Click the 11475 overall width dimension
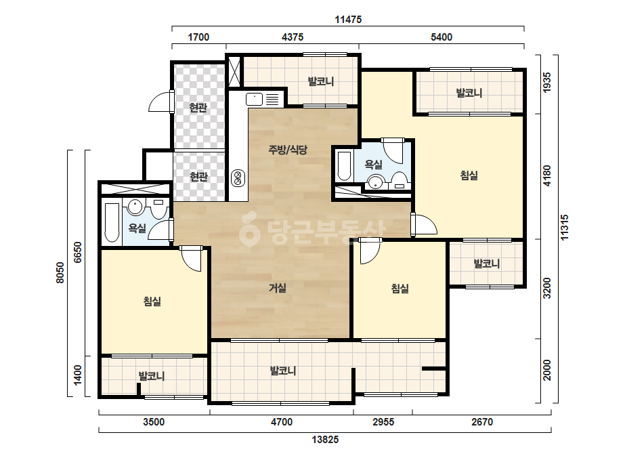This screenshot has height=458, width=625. [348, 20]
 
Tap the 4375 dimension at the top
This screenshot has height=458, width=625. [293, 37]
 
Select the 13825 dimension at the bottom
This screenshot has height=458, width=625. [325, 440]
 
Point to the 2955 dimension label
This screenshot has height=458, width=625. [383, 421]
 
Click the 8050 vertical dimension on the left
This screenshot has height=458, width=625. [60, 273]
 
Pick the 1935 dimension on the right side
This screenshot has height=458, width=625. [547, 83]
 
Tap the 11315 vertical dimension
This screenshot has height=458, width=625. [565, 228]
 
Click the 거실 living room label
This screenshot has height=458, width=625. [278, 288]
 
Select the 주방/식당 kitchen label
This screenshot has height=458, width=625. [288, 150]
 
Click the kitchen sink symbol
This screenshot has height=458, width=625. [254, 100]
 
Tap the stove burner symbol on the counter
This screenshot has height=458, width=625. [238, 178]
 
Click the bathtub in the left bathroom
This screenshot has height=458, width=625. [112, 223]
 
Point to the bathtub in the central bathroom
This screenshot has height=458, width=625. [344, 165]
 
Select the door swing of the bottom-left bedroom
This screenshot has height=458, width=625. [191, 259]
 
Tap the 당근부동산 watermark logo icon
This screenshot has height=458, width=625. [249, 230]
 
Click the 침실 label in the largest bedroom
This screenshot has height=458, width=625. [469, 175]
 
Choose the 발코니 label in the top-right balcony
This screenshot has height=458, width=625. [469, 93]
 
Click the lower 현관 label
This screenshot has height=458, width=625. [198, 176]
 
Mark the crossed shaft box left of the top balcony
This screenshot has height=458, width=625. [234, 72]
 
